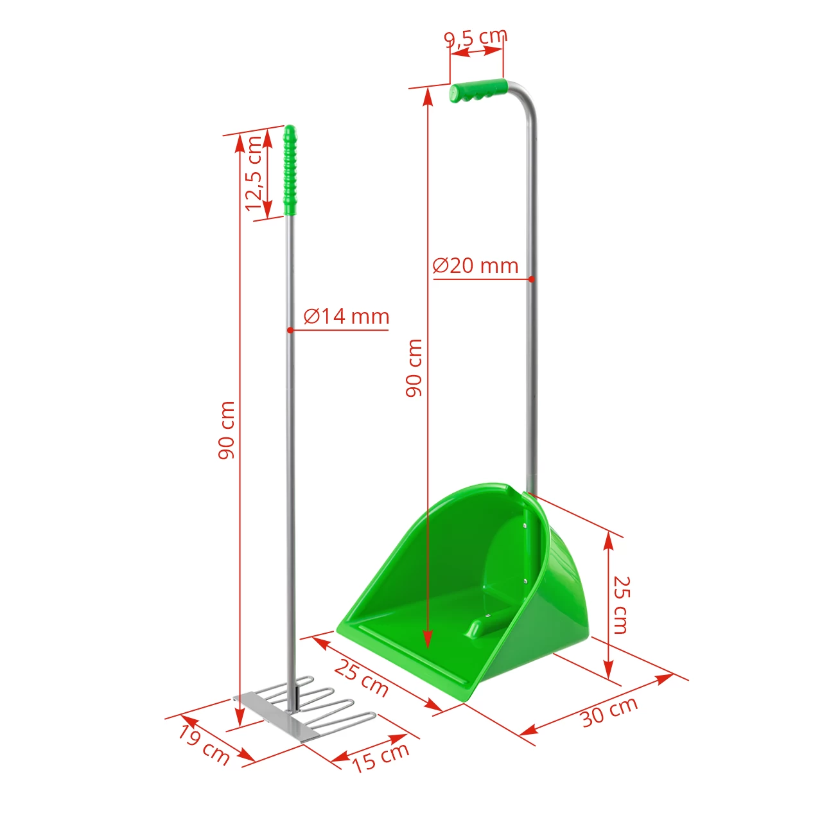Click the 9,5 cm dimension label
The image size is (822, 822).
pyautogui.click(x=476, y=38)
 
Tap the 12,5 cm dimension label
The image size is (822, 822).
pyautogui.click(x=254, y=172)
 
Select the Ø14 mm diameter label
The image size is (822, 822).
pyautogui.click(x=347, y=317)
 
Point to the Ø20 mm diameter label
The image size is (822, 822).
pyautogui.click(x=475, y=266)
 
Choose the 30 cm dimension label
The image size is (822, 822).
pyautogui.click(x=609, y=711)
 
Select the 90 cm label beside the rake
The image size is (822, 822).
pyautogui.click(x=227, y=430)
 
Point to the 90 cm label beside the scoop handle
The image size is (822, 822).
pyautogui.click(x=415, y=367)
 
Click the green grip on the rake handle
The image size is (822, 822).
pyautogui.click(x=290, y=171)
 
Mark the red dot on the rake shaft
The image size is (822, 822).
pyautogui.click(x=290, y=330)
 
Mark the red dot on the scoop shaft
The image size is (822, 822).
pyautogui.click(x=532, y=279)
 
